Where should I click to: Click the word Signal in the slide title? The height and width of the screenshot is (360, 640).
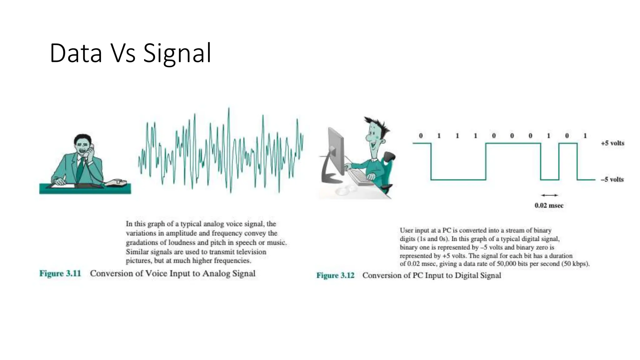[177, 53]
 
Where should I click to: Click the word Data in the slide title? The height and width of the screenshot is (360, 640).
[76, 53]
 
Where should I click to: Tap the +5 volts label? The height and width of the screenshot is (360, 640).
[612, 143]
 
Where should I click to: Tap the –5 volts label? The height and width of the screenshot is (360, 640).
[612, 179]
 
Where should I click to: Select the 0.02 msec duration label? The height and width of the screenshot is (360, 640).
[549, 205]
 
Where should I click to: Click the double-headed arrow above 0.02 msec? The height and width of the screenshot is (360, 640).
[549, 195]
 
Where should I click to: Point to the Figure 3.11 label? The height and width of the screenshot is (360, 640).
[60, 273]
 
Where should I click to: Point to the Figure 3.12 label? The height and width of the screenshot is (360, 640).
[335, 275]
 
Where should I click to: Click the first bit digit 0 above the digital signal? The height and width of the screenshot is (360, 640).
[421, 136]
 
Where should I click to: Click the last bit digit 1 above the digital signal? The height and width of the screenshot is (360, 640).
[585, 136]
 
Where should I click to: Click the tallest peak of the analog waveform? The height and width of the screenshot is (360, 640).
[229, 109]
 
